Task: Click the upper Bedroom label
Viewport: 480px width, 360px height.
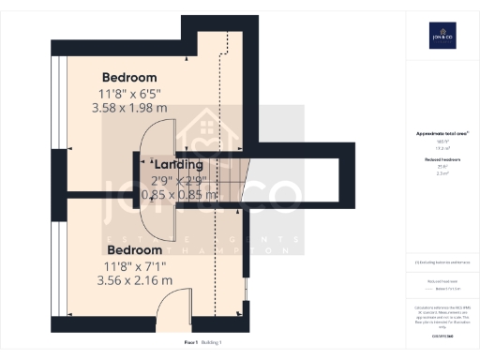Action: [129, 77]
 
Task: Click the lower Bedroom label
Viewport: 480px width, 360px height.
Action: [137, 250]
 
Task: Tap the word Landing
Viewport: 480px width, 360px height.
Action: [178, 165]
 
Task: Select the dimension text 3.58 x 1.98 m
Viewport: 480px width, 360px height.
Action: [131, 108]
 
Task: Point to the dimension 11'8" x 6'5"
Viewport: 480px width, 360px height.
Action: [129, 93]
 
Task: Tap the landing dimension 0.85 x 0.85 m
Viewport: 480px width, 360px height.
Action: [179, 195]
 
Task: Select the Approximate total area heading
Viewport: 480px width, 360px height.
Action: [440, 134]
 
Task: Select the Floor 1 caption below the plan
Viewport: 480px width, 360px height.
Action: [191, 343]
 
